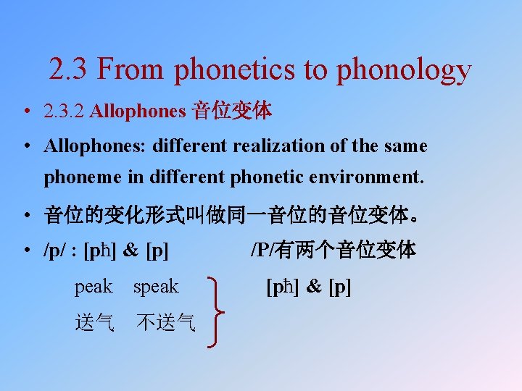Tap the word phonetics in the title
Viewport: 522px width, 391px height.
[x=236, y=70]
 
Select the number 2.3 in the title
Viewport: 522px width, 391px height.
[x=68, y=70]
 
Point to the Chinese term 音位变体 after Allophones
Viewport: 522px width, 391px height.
[x=231, y=112]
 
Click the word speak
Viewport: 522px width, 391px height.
[x=155, y=287]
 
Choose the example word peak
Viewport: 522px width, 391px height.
[x=94, y=287]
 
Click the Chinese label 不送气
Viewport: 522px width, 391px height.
[x=166, y=323]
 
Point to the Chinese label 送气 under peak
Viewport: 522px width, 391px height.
[x=94, y=323]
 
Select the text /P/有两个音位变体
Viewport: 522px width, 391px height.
[x=333, y=250]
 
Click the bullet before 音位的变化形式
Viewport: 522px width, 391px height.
[x=26, y=216]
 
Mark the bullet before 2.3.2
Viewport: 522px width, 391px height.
[x=26, y=113]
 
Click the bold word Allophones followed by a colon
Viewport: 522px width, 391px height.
[x=95, y=146]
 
